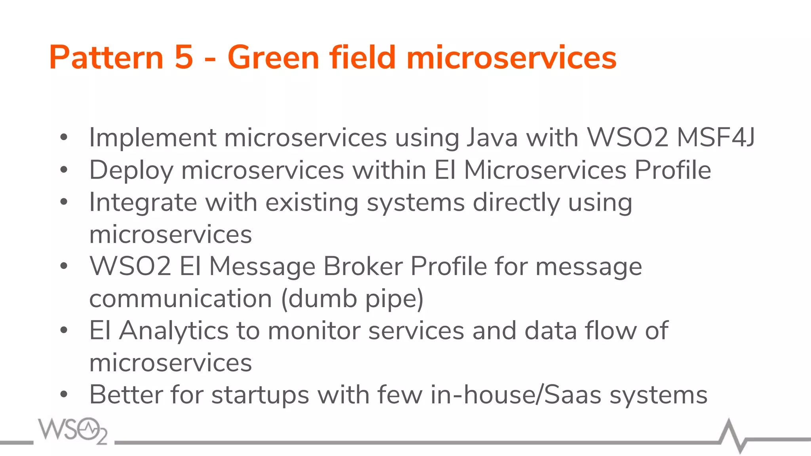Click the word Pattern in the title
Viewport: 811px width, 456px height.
(106, 58)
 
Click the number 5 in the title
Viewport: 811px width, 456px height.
(184, 58)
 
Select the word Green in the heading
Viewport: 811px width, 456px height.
(273, 58)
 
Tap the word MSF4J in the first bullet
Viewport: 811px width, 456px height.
(715, 138)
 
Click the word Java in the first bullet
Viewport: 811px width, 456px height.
(492, 138)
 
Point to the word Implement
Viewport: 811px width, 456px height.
(152, 138)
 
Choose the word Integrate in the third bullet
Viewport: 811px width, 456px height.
(143, 203)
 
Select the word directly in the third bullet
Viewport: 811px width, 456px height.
(516, 203)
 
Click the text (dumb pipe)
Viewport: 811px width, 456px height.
(352, 298)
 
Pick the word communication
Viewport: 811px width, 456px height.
(181, 298)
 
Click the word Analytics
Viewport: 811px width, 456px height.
(174, 331)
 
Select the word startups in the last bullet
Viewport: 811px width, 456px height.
(260, 395)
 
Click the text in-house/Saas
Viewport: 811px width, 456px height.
(516, 395)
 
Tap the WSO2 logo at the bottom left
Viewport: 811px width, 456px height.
(72, 431)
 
